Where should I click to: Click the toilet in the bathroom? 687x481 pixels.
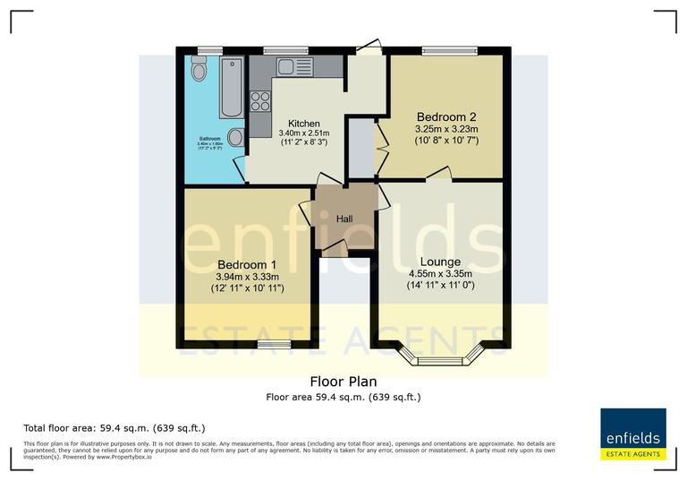pos(199,68)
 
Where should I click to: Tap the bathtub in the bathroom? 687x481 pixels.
pos(231,88)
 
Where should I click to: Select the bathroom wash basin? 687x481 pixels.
pos(236,137)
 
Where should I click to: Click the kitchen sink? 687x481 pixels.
pos(292,66)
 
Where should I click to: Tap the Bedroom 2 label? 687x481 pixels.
pos(445,116)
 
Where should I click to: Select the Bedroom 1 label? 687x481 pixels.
pos(246,265)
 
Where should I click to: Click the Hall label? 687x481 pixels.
pos(344,219)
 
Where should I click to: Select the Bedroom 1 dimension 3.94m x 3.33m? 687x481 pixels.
pos(246,277)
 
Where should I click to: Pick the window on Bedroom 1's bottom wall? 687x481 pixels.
pos(274,344)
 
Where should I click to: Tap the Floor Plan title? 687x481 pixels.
pos(343,381)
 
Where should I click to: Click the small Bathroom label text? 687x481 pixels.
pos(210,139)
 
